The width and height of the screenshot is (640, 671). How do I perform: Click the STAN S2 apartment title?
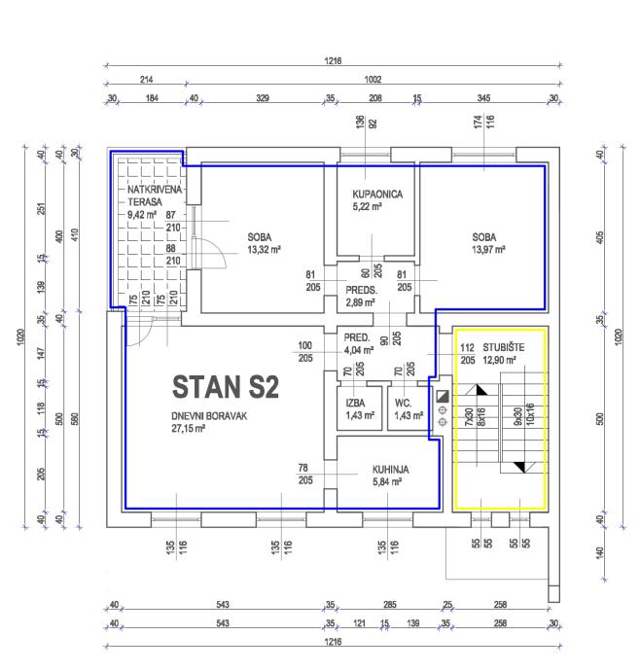click(226, 387)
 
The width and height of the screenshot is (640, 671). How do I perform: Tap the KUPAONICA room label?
click(377, 194)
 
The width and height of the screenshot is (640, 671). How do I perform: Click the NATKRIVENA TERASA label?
click(146, 195)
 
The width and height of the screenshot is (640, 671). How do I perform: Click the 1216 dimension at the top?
click(333, 60)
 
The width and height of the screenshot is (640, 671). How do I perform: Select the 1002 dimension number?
click(372, 80)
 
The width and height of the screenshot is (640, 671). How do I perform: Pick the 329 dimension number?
click(262, 99)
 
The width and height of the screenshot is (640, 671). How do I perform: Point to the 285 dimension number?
click(389, 606)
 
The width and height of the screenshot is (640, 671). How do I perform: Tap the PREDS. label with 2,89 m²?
click(362, 290)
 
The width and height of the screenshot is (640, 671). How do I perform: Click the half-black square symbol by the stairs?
click(443, 396)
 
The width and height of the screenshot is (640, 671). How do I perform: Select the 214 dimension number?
click(148, 80)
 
